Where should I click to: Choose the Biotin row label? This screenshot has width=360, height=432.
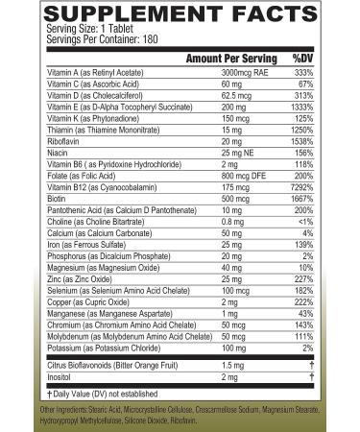[x=56, y=201]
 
